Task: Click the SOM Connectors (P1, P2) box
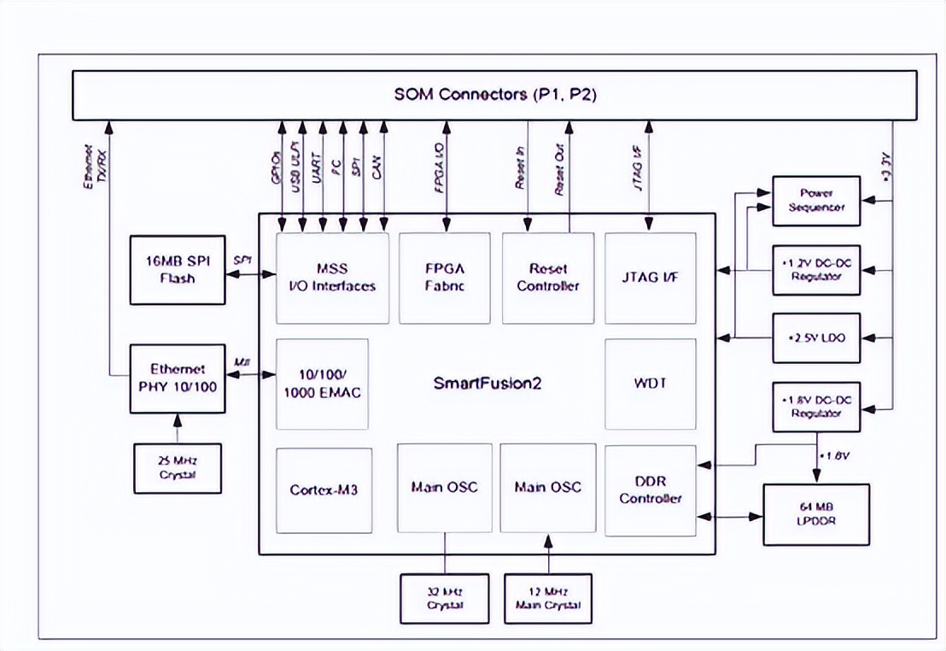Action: click(x=494, y=95)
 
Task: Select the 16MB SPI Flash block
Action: click(x=176, y=269)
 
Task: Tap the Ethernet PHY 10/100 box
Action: click(x=178, y=378)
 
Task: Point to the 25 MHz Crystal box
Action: click(x=178, y=468)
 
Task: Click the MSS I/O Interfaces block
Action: click(x=332, y=278)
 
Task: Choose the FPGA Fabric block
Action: click(x=444, y=278)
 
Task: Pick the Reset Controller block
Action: click(x=548, y=278)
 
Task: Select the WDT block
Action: click(x=651, y=384)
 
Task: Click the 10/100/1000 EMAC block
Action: click(x=323, y=384)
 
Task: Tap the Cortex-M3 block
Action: click(x=323, y=490)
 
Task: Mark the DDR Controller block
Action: click(x=651, y=490)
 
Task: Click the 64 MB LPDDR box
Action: click(x=815, y=514)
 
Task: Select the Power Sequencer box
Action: click(x=815, y=201)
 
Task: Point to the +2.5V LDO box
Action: click(x=815, y=338)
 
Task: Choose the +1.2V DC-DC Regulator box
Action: click(x=815, y=270)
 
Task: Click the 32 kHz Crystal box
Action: click(x=444, y=599)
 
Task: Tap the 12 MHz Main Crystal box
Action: click(x=547, y=599)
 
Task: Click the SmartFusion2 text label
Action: click(x=487, y=383)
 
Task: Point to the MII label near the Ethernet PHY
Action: click(x=242, y=362)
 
